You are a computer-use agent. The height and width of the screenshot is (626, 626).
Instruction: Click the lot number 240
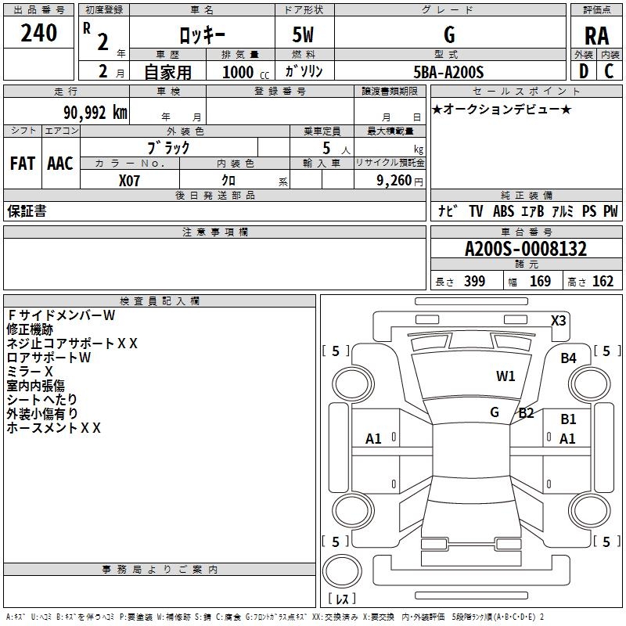coord(38,33)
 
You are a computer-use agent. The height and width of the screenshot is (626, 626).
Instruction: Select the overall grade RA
coord(596,36)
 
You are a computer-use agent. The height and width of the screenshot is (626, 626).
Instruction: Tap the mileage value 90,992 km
coord(95,113)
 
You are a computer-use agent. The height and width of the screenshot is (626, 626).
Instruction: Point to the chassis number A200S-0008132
coord(526,249)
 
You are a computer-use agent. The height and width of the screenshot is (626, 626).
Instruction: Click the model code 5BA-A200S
coord(448,72)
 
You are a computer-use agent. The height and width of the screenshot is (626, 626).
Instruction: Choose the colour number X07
coord(129,181)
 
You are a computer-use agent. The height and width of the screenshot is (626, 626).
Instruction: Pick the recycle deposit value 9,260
coord(394,181)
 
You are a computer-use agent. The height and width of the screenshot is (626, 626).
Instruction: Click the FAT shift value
coord(23,164)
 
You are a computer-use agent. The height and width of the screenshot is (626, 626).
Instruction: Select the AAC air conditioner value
coord(60,164)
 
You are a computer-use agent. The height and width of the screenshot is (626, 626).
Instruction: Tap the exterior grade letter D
coord(584,71)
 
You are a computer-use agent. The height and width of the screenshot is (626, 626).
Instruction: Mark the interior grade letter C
coord(609,71)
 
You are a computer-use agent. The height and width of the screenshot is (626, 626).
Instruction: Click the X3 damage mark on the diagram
coord(558,321)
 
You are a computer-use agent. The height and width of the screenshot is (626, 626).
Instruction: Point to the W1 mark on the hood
coord(505,376)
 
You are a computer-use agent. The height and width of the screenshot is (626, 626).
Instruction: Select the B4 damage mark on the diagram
coord(568,358)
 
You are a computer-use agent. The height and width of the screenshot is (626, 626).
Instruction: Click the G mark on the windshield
coord(495,412)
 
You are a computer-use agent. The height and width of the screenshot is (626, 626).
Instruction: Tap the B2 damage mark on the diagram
coord(526,413)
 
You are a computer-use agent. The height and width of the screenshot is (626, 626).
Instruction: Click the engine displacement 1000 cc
coord(246,72)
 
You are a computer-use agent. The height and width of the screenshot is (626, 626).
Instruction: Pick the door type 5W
coord(303,34)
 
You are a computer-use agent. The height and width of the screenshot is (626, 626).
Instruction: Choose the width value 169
coord(540,281)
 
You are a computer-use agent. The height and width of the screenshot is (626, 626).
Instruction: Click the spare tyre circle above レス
coord(342,570)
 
